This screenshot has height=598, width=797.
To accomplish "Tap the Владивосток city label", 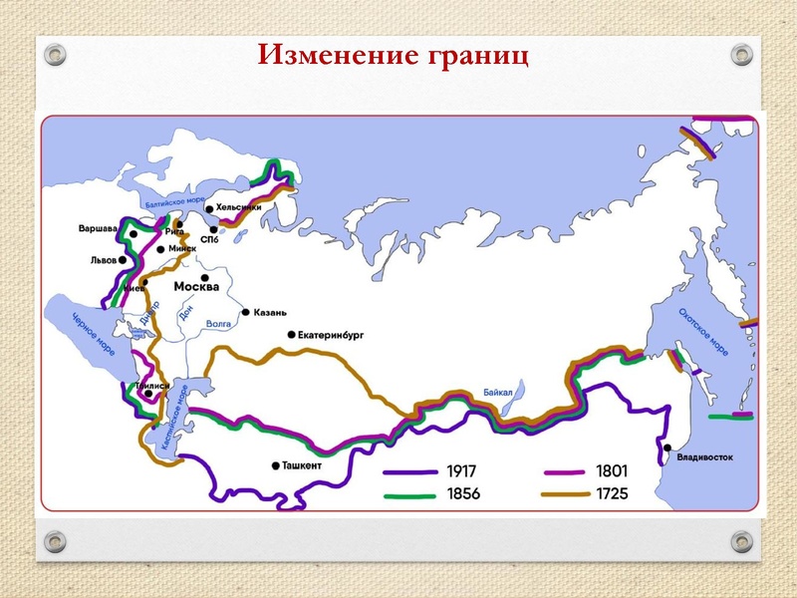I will pos(704,458).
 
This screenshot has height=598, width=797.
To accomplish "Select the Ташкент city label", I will pos(308,465).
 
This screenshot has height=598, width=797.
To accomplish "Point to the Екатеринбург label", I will pos(332,336).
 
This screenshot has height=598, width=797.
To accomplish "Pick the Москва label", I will pos(197,287).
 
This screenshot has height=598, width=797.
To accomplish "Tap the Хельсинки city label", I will pos(239,206).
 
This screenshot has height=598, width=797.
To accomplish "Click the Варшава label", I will pos(98,229).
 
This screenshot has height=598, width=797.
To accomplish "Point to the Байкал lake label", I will pos(499,393).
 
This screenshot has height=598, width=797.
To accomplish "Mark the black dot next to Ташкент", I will pos(276,465).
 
